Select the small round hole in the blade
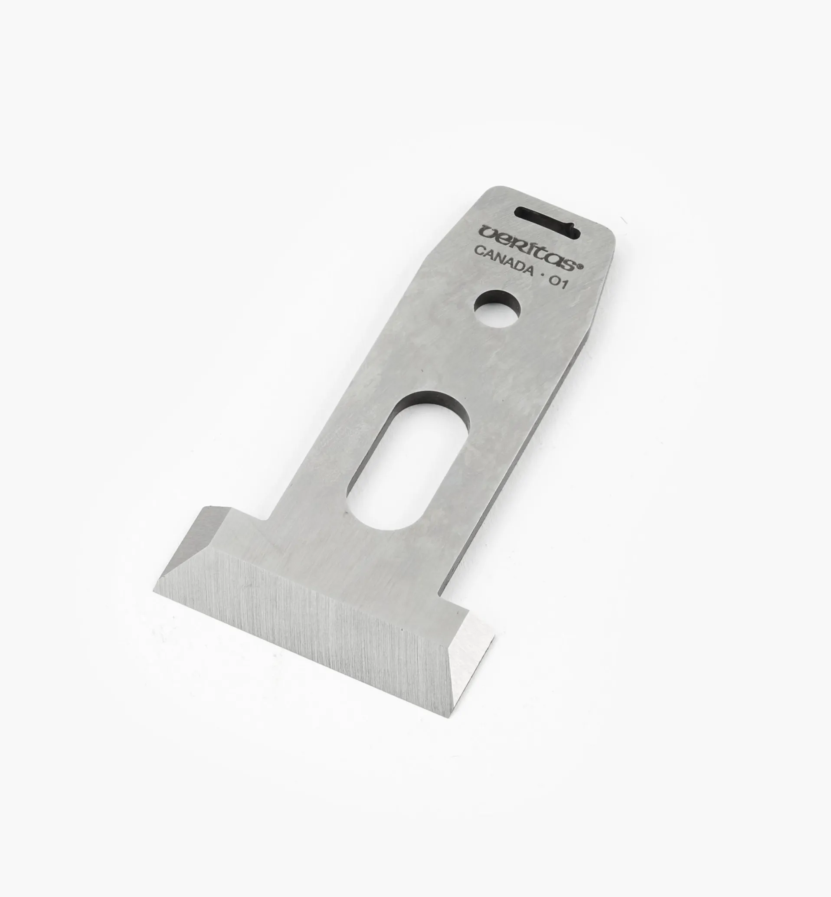click(498, 310)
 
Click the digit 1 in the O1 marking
click(564, 286)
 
